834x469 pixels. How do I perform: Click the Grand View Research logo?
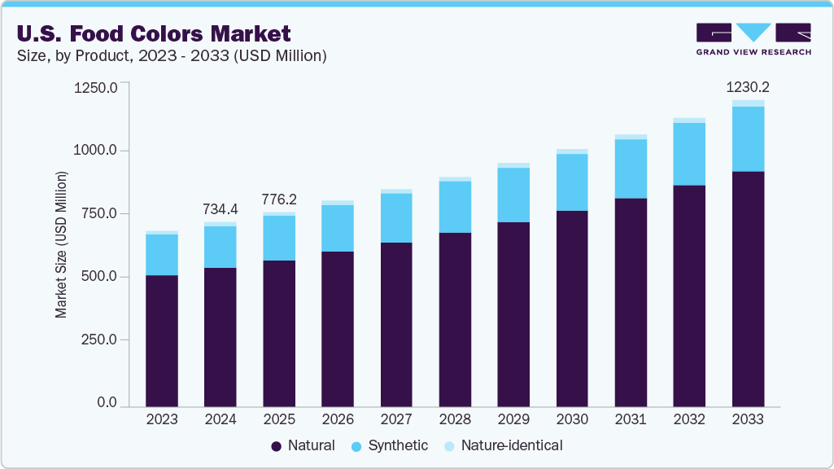tap(753, 38)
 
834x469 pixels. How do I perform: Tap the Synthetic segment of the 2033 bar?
tap(748, 138)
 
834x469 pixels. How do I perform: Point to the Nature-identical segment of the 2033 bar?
tap(748, 103)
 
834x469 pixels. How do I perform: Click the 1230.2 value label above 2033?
tap(748, 87)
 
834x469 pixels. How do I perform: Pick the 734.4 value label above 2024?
tap(221, 209)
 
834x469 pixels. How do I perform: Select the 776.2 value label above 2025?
tap(279, 199)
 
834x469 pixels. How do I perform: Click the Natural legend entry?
tap(303, 445)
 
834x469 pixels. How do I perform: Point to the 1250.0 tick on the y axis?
tap(96, 87)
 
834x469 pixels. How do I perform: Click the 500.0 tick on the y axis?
tap(99, 277)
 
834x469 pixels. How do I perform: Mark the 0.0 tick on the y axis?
tap(107, 403)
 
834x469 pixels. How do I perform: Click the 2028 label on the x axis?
tap(455, 420)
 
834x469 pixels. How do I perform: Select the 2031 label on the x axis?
tap(631, 420)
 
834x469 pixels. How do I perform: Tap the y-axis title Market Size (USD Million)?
tap(61, 244)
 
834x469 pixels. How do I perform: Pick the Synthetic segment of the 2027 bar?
tap(396, 217)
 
